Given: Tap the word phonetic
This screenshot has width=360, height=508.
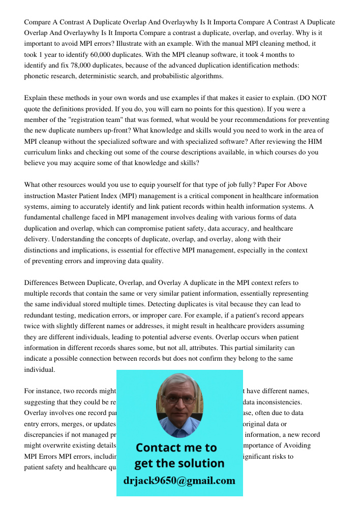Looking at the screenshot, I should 38,76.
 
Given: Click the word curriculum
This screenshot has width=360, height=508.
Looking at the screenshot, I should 41,152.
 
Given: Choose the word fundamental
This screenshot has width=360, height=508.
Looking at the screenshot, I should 43,218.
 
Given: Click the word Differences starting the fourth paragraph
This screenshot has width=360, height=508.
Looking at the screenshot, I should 42,283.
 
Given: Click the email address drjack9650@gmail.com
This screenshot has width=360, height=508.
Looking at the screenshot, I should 179,481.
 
